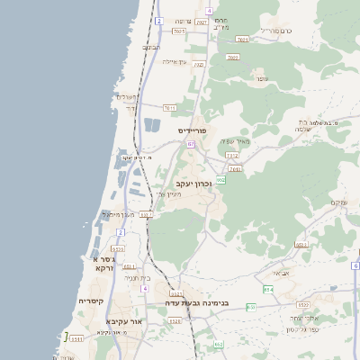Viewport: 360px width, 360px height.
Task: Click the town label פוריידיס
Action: point(193,131)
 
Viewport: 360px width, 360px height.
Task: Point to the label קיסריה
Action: point(91,301)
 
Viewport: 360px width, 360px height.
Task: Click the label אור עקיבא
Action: point(123,320)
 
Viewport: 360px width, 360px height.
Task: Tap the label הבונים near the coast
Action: point(151,47)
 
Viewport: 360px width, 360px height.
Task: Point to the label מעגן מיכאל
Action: point(118,214)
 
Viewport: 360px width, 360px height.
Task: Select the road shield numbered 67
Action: point(191,144)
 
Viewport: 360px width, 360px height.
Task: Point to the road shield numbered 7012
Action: point(232,156)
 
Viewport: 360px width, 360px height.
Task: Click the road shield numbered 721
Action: point(199,65)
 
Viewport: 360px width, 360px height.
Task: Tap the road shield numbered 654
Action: point(268,289)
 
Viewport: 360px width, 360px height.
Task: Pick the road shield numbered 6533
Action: point(301,243)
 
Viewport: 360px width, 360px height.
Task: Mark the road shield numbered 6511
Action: point(129,267)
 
